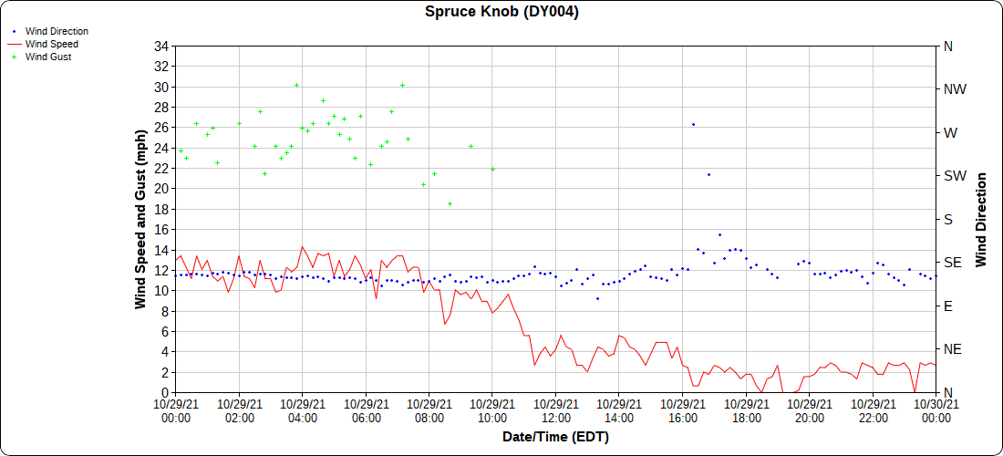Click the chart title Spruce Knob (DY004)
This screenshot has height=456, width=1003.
[x=501, y=12]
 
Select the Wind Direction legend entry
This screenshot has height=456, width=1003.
[x=57, y=31]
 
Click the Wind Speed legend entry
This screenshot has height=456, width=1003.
[x=51, y=44]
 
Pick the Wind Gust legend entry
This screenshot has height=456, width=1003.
[x=48, y=57]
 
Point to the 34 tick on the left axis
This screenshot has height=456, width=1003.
[x=161, y=47]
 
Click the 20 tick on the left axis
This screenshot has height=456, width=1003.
[x=161, y=189]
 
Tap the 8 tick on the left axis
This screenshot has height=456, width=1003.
[x=165, y=311]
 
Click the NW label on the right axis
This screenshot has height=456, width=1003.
[x=955, y=89]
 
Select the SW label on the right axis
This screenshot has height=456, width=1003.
[x=954, y=176]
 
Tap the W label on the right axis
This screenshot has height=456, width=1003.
[x=950, y=133]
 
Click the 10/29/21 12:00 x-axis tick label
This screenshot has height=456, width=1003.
[x=555, y=410]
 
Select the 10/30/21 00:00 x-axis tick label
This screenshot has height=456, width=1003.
[x=936, y=410]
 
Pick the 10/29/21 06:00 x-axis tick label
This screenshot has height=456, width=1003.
[x=366, y=410]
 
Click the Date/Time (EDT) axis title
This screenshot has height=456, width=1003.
[x=555, y=437]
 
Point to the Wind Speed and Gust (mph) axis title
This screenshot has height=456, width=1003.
[x=141, y=219]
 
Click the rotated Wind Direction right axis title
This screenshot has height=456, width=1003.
[x=982, y=219]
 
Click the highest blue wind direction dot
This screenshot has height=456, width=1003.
[x=693, y=124]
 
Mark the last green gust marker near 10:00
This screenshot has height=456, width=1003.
[x=492, y=169]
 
